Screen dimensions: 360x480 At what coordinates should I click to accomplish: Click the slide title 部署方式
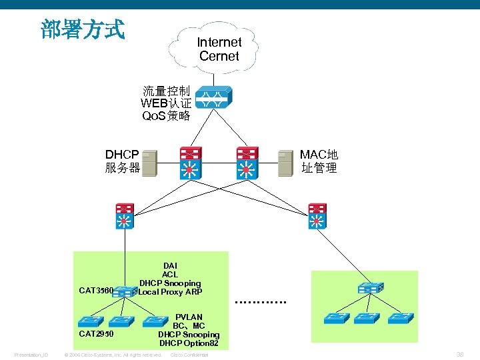coord(82,29)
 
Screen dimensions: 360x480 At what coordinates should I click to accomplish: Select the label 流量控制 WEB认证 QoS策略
coord(166,103)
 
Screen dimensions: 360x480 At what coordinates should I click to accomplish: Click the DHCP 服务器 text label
coord(122,161)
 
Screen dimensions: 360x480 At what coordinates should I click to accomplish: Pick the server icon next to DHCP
coord(150,162)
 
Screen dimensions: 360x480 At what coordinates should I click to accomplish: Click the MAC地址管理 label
coord(319,161)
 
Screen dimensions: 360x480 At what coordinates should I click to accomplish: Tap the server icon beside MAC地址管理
coord(285,162)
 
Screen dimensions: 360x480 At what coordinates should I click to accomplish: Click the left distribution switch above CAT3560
coord(123,215)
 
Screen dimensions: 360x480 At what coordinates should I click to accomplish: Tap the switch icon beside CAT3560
coord(124,291)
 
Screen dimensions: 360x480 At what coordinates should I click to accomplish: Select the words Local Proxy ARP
coord(170,292)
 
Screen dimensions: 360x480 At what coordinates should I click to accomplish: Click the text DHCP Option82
coord(189,343)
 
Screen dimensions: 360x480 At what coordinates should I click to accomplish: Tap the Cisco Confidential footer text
coord(189,355)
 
